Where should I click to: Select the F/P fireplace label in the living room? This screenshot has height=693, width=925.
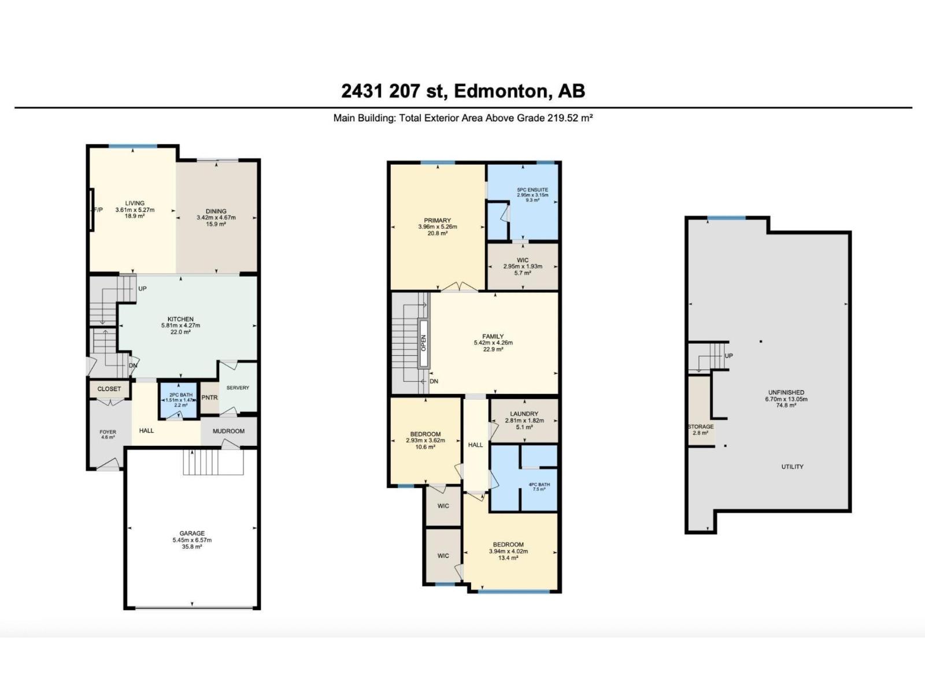[98, 210]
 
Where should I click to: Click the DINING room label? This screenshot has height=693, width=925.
[216, 211]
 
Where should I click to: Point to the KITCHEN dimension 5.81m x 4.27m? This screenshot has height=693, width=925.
[180, 326]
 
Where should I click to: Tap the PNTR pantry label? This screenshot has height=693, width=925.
[209, 398]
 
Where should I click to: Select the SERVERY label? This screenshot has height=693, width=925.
[238, 388]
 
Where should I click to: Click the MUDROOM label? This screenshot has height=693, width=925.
[228, 431]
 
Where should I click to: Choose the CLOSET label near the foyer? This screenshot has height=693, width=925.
[109, 389]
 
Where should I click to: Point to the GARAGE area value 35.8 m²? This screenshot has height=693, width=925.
[192, 547]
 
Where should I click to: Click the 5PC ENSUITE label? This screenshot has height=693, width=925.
[532, 190]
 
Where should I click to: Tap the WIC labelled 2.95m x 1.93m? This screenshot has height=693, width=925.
[523, 266]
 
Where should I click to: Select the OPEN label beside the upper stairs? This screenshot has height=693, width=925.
[424, 343]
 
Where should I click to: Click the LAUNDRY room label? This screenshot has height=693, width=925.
[524, 414]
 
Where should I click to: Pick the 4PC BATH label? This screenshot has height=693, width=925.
[539, 485]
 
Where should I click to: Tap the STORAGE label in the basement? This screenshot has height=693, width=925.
[701, 427]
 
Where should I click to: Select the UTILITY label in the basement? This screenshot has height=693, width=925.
[792, 467]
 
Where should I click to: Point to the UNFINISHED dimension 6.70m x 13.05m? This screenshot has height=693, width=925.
[786, 399]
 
